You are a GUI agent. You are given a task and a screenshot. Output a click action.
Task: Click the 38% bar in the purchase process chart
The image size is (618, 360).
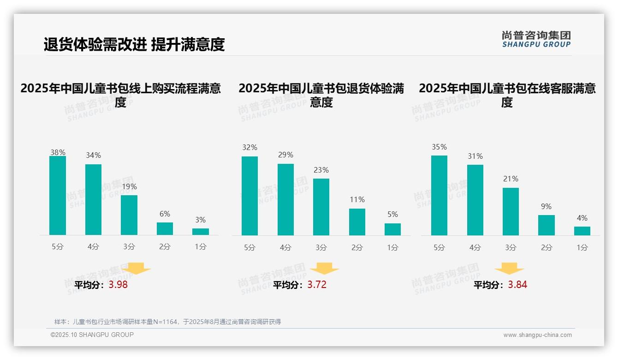point(58,196)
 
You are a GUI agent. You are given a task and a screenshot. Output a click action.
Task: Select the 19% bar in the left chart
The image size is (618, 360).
point(129,215)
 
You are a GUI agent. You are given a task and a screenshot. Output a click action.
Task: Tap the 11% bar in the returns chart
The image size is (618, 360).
point(357,222)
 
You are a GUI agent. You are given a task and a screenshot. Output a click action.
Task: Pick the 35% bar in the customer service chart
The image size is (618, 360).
point(439,195)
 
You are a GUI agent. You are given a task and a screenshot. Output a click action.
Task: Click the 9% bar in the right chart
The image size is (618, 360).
point(547,225)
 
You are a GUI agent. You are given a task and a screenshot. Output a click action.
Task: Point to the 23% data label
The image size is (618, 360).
point(321,170)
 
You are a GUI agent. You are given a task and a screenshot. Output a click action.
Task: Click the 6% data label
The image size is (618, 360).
point(165,214)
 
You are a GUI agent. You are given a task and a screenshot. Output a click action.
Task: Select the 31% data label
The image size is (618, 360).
point(475,156)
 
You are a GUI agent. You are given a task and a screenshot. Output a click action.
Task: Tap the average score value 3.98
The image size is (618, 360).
point(118,285)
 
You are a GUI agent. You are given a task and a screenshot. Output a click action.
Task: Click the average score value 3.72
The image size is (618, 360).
point(317,285)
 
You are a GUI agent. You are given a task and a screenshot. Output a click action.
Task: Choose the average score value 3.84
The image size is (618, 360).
point(517,285)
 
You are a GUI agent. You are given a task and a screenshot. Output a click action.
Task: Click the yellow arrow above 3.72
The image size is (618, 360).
point(324,269)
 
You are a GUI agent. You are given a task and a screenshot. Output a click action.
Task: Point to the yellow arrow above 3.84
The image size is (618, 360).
point(509,269)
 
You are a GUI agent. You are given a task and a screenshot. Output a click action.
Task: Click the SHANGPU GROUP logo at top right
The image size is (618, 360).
point(536,39)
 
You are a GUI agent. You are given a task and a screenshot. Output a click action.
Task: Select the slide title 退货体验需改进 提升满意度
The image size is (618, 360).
point(134,44)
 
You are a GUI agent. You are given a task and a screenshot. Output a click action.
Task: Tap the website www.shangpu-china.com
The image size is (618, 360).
point(537,335)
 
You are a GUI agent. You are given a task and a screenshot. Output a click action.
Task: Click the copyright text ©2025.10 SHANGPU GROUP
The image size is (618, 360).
point(92,335)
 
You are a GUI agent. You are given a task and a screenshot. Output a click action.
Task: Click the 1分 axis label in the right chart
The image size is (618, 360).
point(582,247)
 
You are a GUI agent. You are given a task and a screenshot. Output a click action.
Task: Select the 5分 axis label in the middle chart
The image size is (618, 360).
point(250,247)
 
